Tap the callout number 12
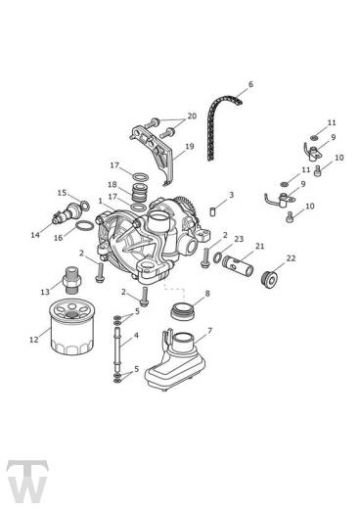point(34,340)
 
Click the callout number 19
point(190,147)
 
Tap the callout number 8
point(207,294)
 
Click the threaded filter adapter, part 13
point(71,280)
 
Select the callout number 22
point(291,258)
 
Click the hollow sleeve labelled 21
point(238,265)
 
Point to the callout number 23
point(239,239)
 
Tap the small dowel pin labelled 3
point(212,211)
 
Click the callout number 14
point(35,234)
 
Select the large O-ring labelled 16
point(84,225)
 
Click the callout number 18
point(112,185)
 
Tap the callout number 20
point(192,116)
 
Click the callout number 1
point(100,201)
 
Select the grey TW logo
point(27,481)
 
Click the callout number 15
point(62,193)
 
